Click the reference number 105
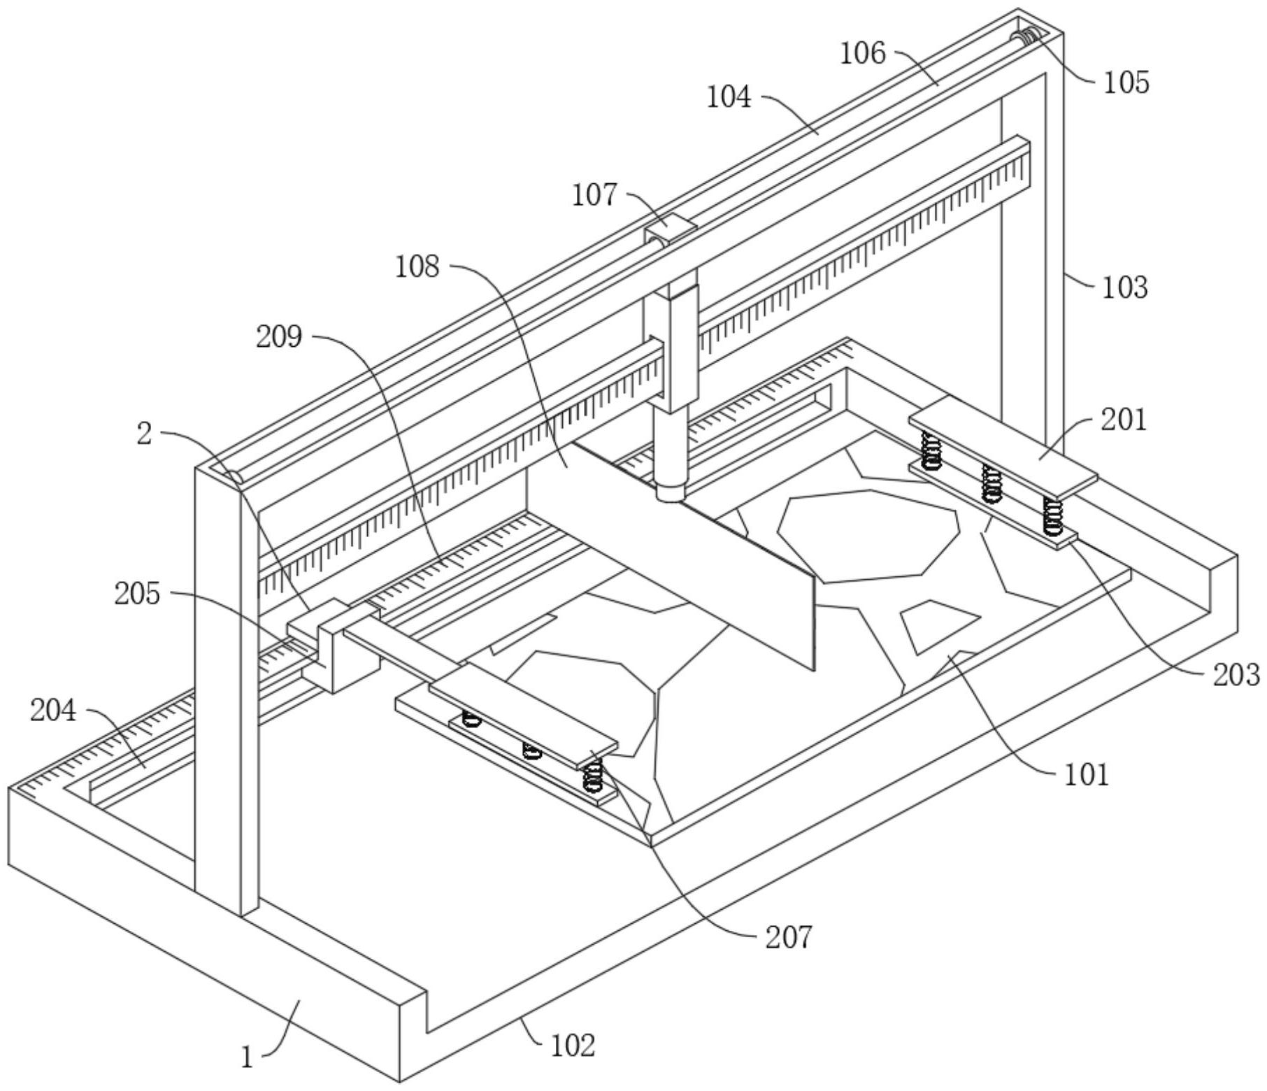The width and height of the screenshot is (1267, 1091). click(x=1126, y=83)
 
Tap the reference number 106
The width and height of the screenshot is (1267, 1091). click(x=862, y=53)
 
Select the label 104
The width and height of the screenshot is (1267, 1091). click(x=729, y=97)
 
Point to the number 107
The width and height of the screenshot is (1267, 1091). click(x=594, y=195)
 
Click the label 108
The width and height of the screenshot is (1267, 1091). click(x=417, y=266)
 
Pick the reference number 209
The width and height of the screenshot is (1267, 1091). click(x=278, y=337)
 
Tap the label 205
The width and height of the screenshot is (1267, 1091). click(x=137, y=594)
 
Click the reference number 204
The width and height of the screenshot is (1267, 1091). click(x=53, y=711)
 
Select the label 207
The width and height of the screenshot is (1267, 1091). click(x=789, y=937)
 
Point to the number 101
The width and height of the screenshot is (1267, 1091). click(x=1087, y=775)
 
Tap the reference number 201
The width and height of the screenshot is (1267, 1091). click(x=1124, y=420)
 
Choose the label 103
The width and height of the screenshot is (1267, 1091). click(x=1125, y=287)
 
